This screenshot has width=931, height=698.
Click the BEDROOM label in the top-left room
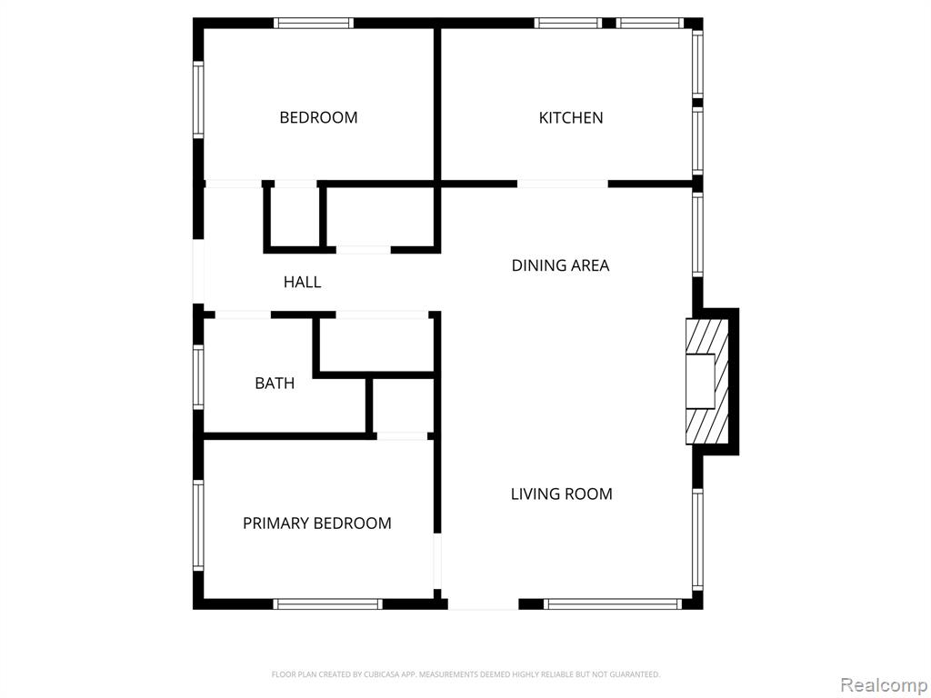click(318, 117)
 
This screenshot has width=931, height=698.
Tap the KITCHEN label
click(571, 117)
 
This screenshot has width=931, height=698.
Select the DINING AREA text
click(560, 265)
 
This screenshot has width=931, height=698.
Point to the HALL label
click(302, 282)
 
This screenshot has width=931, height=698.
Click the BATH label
click(275, 384)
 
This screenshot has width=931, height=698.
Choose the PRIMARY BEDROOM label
click(317, 523)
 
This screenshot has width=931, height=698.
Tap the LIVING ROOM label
click(562, 494)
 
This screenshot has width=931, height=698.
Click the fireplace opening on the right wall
click(701, 381)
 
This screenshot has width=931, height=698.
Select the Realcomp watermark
click(884, 685)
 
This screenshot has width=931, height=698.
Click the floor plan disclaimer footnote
click(465, 674)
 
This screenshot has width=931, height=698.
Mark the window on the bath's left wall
click(198, 377)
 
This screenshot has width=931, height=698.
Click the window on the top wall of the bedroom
click(314, 23)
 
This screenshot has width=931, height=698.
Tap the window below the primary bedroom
click(327, 604)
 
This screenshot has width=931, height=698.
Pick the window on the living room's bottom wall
click(613, 604)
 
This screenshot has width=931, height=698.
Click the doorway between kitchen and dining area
click(562, 184)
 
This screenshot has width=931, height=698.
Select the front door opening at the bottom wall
click(484, 604)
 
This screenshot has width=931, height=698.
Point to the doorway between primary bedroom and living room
click(437, 562)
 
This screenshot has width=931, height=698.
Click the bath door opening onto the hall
click(243, 314)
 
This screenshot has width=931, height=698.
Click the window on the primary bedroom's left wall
click(198, 525)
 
